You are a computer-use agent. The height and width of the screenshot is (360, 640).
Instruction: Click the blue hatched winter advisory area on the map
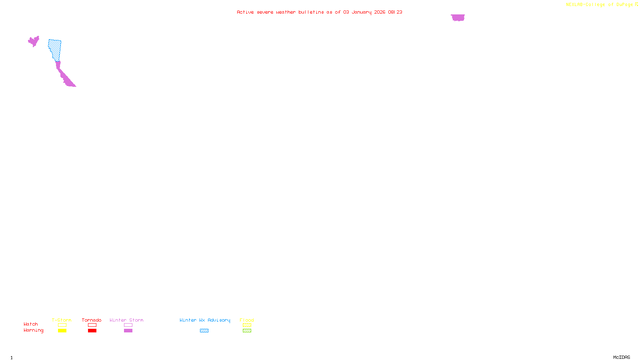[x=55, y=49]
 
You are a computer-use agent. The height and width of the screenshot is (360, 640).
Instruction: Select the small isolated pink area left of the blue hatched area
[x=34, y=41]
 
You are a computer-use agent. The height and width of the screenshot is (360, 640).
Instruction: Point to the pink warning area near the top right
[x=458, y=18]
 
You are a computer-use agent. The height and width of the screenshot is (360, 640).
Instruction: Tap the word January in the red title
[x=362, y=12]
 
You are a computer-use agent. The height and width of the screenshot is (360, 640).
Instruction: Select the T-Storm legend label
[x=62, y=320]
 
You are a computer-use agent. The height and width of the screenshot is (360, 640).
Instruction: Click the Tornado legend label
[x=92, y=320]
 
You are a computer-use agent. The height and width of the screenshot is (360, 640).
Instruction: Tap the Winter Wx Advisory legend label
[x=205, y=320]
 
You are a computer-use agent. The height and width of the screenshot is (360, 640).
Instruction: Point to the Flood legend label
[x=247, y=320]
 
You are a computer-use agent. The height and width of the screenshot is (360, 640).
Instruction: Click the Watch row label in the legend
[x=31, y=324]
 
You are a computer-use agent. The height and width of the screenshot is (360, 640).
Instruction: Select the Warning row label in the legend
[x=33, y=330]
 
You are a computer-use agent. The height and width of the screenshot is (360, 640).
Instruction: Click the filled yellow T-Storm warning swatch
[x=62, y=331]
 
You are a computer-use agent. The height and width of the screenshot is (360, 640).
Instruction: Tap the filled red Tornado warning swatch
[x=92, y=331]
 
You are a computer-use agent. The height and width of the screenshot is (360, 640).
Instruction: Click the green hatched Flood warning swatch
[x=247, y=331]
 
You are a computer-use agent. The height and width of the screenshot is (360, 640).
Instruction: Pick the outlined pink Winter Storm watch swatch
[x=128, y=325]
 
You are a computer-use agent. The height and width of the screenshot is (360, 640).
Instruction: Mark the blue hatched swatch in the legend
[x=204, y=331]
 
